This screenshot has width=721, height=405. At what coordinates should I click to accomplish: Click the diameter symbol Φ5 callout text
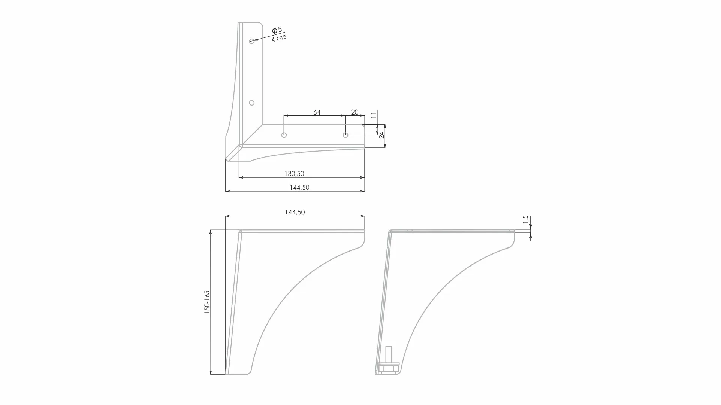point(277,30)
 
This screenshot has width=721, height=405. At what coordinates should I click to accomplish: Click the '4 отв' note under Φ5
point(279,38)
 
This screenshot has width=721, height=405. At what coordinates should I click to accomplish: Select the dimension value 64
point(317,112)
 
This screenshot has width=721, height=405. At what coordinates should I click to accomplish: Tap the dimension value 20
point(355,112)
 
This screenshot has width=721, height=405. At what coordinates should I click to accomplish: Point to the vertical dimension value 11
point(374,115)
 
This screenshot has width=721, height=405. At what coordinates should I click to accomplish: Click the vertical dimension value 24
point(381,135)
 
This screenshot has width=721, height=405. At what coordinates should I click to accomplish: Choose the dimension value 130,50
point(294,174)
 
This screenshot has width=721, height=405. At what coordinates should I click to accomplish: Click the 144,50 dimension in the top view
point(299,188)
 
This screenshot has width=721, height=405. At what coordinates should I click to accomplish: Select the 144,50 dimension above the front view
point(295,212)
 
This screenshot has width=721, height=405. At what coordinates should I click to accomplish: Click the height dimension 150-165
point(207,302)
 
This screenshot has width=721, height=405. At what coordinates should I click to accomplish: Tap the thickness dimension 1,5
point(525,219)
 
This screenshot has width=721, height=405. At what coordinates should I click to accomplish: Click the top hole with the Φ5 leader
point(252,41)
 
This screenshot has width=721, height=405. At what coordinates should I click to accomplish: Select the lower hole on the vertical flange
point(252,103)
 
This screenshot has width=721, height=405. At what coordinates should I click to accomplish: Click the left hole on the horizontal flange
point(284,135)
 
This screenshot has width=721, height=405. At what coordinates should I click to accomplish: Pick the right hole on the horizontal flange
point(346,135)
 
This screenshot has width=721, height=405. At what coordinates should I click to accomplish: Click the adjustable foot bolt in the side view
point(389,354)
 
